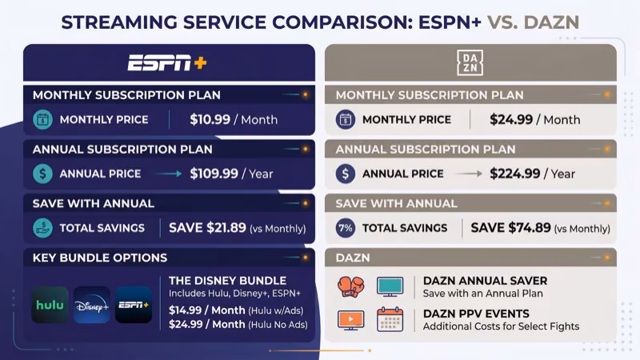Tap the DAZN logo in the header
(x=470, y=62)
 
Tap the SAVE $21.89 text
(x=207, y=228)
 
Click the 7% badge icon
(x=346, y=228)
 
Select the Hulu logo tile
(x=50, y=305)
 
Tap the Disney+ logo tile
(x=91, y=305)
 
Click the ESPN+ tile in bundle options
(x=133, y=305)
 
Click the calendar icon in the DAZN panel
(x=390, y=320)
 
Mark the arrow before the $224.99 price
(x=474, y=174)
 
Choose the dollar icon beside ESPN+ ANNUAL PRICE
(x=42, y=174)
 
